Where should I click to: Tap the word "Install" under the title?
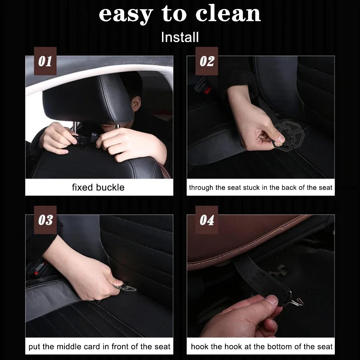(x=180, y=37)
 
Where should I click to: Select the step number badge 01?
(x=45, y=61)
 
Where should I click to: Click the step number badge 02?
(x=207, y=61)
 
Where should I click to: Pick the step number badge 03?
(x=45, y=220)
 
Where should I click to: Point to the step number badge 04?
(x=207, y=220)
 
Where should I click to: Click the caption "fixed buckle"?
(x=98, y=187)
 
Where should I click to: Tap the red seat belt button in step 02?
(x=208, y=90)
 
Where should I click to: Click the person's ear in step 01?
(x=136, y=104)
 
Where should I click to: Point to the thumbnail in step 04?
(x=273, y=300)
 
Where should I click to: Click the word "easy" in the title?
(x=126, y=15)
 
